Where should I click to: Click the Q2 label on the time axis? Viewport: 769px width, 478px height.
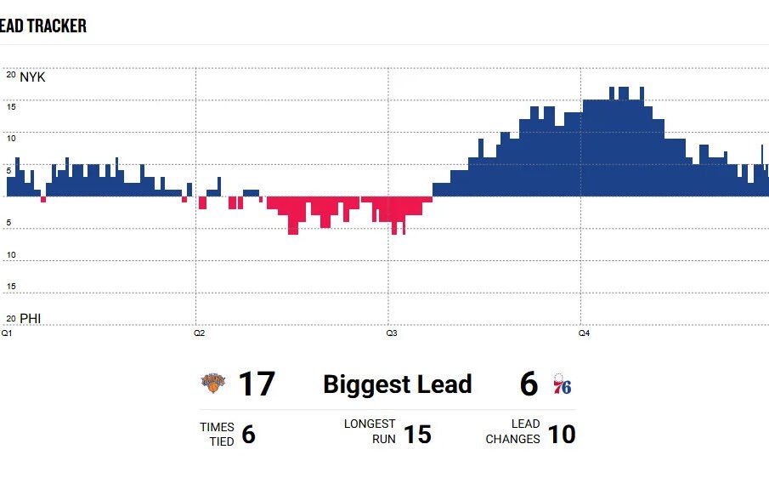199,333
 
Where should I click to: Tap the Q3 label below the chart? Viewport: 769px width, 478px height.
392,333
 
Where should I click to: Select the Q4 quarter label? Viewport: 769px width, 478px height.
584,333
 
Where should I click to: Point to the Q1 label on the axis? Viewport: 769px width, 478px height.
7,333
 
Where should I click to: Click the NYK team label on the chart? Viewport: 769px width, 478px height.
32,77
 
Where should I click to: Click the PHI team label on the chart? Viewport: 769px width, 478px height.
31,319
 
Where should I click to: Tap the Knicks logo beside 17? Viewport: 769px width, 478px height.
213,384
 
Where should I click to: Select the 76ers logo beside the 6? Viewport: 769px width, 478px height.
562,384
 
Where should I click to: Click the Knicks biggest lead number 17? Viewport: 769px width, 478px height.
256,384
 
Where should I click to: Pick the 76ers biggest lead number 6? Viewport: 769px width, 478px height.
529,384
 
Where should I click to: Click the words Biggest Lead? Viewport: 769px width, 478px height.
397,384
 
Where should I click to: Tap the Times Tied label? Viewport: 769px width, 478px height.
217,434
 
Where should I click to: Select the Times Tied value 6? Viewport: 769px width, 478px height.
248,435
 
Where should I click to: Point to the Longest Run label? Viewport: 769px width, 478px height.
370,431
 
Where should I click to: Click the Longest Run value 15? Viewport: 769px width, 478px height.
417,435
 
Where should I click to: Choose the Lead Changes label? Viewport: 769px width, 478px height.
513,431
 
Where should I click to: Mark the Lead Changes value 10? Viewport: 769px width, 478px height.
562,435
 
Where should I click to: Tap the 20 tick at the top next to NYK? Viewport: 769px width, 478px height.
11,75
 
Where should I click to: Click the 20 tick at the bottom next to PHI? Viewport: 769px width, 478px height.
11,318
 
